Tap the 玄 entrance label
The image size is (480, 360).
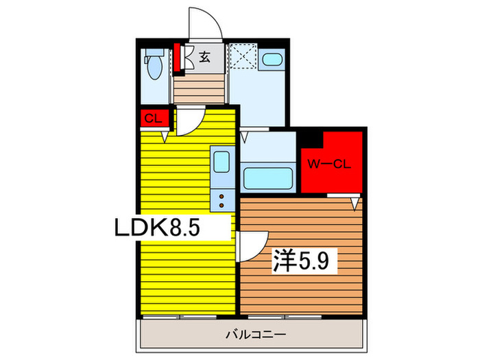(204, 58)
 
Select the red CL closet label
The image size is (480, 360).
(152, 118)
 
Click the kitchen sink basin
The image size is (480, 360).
(221, 163)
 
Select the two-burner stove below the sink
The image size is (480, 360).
(221, 199)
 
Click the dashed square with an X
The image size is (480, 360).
(241, 57)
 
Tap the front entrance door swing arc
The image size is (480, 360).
(206, 21)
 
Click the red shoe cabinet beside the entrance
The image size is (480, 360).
(178, 58)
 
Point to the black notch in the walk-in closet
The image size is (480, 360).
(311, 139)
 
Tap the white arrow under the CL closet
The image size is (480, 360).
(165, 135)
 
